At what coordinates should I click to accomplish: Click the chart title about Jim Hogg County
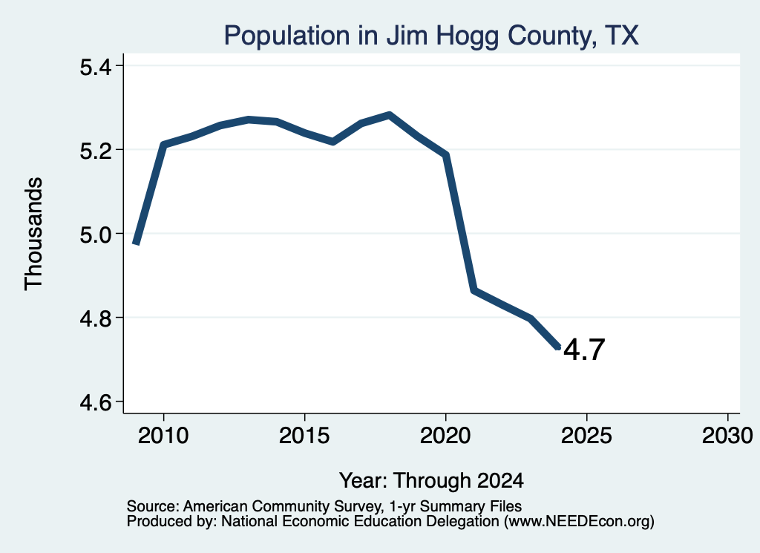pyautogui.click(x=431, y=36)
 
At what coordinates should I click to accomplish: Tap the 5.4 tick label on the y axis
pyautogui.click(x=96, y=67)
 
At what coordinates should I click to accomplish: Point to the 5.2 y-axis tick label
pyautogui.click(x=96, y=151)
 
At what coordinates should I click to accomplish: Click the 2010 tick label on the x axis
pyautogui.click(x=163, y=436)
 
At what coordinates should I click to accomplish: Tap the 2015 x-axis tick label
pyautogui.click(x=304, y=436)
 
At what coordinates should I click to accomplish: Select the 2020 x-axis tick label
pyautogui.click(x=445, y=436)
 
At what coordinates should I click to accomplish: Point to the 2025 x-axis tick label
pyautogui.click(x=586, y=436)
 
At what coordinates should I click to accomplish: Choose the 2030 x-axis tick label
pyautogui.click(x=727, y=436)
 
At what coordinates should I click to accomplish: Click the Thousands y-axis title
pyautogui.click(x=34, y=234)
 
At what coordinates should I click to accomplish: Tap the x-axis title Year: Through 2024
pyautogui.click(x=431, y=481)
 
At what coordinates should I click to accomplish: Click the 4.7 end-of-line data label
pyautogui.click(x=584, y=350)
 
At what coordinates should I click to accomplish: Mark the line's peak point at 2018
pyautogui.click(x=389, y=115)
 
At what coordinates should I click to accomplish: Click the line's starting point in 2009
pyautogui.click(x=137, y=243)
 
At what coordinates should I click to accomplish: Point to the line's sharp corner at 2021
pyautogui.click(x=474, y=290)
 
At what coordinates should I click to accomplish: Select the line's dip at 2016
pyautogui.click(x=333, y=142)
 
